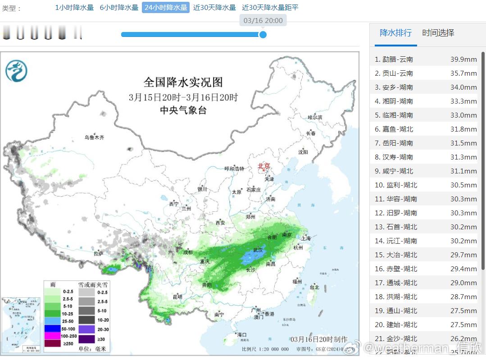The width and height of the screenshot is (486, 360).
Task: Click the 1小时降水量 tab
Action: [74, 8]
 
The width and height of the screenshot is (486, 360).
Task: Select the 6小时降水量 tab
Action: [119, 8]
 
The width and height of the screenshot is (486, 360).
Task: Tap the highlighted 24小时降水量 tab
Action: [166, 8]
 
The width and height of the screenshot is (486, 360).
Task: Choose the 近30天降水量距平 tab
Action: [270, 8]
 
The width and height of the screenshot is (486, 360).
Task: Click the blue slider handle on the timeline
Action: [263, 35]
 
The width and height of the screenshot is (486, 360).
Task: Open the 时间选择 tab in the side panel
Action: [438, 33]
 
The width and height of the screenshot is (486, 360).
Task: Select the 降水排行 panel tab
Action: [395, 33]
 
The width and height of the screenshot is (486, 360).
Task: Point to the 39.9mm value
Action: [463, 59]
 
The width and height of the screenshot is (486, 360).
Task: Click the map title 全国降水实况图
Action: [183, 82]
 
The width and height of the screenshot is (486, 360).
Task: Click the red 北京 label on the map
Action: [263, 166]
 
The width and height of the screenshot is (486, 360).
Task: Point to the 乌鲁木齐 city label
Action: [95, 137]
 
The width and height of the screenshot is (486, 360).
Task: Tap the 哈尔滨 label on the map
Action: [315, 117]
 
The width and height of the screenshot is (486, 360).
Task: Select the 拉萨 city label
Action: [98, 254]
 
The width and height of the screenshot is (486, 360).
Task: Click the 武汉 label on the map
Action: [258, 250]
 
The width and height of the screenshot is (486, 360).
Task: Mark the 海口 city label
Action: [242, 335]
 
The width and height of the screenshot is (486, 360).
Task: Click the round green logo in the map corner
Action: [17, 71]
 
